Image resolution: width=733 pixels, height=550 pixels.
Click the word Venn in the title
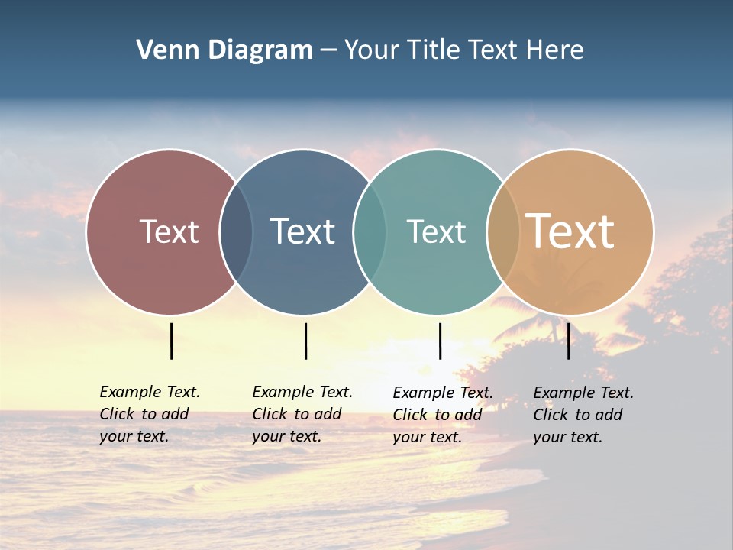click(166, 50)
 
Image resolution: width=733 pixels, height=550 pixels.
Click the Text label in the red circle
click(169, 231)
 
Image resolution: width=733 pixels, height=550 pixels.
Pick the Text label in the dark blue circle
click(303, 231)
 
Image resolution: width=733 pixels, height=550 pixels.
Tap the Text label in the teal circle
click(436, 231)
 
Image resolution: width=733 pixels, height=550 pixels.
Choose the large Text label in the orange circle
click(570, 231)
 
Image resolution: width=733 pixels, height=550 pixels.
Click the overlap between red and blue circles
click(236, 232)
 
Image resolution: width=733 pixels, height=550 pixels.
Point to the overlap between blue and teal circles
click(370, 232)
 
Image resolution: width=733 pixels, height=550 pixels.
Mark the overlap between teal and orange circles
click(503, 232)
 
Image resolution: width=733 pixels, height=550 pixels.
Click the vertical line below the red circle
click(171, 341)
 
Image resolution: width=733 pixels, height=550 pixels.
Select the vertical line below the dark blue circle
click(305, 341)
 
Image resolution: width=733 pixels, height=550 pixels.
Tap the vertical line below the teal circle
click(440, 341)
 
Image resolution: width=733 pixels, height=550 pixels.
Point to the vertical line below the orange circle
click(568, 341)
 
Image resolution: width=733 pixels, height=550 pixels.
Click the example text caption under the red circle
click(149, 414)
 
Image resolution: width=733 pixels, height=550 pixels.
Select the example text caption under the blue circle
click(302, 414)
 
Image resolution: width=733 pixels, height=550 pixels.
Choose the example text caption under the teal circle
click(442, 415)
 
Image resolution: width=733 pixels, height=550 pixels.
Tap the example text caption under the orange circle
click(583, 415)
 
